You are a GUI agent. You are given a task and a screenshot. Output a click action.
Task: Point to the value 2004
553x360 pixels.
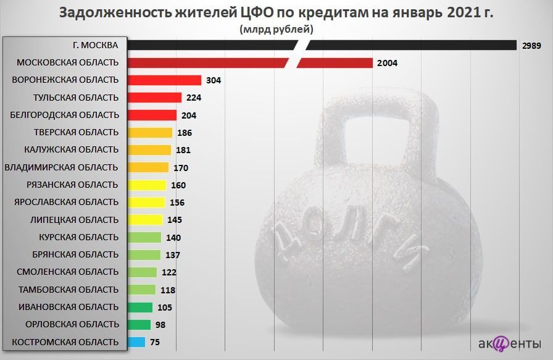click(388, 63)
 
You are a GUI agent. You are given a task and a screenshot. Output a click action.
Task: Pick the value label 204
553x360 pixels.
click(189, 115)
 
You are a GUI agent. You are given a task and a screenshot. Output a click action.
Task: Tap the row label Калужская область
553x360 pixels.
click(71, 149)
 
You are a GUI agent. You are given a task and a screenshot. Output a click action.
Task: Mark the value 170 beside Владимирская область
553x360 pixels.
click(180, 167)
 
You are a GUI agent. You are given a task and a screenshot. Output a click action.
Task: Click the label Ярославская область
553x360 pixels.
click(66, 202)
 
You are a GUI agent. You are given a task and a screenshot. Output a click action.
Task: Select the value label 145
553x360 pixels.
click(174, 220)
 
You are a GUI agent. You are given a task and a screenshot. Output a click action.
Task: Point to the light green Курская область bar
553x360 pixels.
click(144, 237)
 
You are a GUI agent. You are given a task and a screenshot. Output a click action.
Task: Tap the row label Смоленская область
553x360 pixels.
click(67, 272)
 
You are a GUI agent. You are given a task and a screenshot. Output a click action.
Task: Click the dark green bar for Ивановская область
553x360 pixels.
click(140, 307)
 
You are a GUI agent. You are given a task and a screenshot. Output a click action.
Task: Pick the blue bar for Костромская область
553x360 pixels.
click(137, 342)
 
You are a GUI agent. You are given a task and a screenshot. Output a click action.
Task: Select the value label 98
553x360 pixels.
click(160, 325)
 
